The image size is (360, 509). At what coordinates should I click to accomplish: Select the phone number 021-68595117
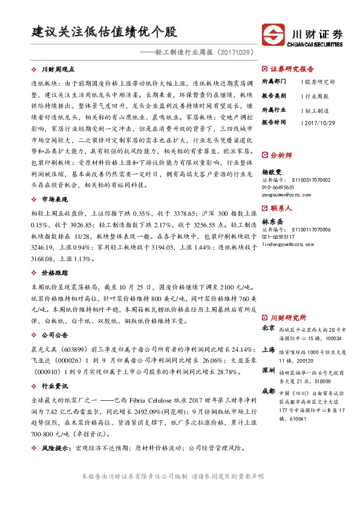click(x=280, y=238)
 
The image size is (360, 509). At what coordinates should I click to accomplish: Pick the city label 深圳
click(x=268, y=369)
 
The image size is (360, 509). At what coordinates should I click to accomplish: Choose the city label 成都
click(x=268, y=391)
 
